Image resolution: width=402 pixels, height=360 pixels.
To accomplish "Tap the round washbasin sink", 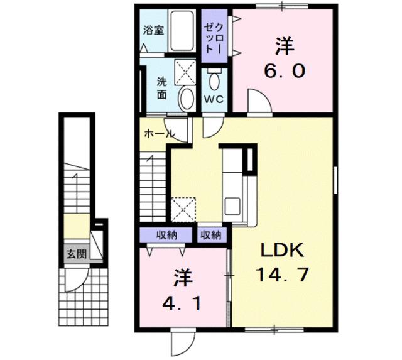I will pyautogui.click(x=186, y=99).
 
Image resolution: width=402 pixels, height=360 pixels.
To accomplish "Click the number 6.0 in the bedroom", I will pyautogui.click(x=284, y=71).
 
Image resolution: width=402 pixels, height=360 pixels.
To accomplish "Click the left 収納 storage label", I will pyautogui.click(x=166, y=236).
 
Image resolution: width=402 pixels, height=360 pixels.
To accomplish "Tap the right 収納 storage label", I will pyautogui.click(x=211, y=236).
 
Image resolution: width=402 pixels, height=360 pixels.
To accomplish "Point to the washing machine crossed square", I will pyautogui.click(x=184, y=70).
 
